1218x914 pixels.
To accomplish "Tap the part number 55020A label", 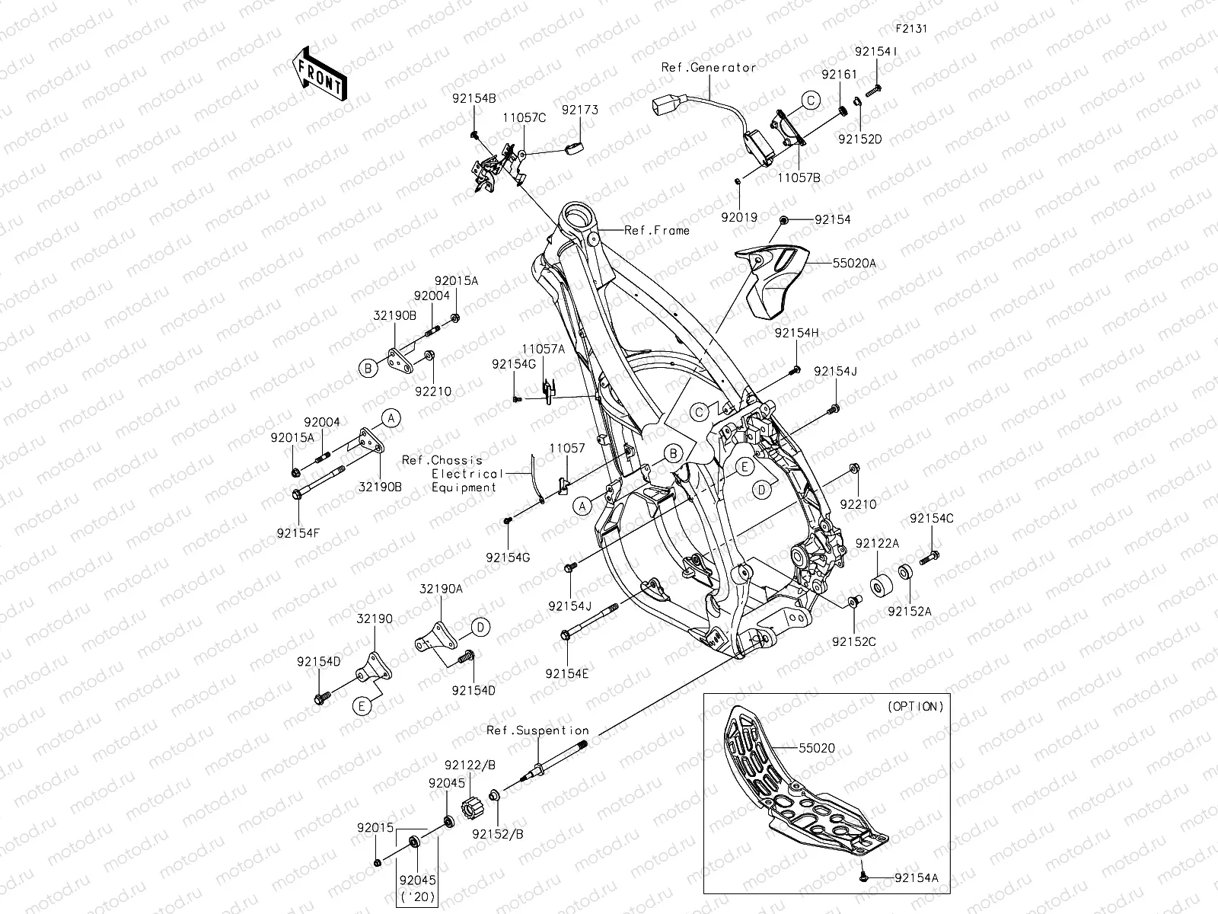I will tap(854, 263).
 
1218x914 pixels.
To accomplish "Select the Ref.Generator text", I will tap(709, 67).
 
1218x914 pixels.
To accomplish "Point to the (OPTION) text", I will tap(916, 706).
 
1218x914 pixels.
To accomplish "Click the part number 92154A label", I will tap(917, 878).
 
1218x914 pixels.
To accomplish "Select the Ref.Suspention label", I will tap(537, 730).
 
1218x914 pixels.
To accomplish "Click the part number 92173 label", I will tap(580, 110).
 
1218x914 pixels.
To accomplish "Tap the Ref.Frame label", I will tap(657, 230).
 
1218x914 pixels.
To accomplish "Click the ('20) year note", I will tap(419, 896).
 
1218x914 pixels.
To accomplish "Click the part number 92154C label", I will tap(932, 519).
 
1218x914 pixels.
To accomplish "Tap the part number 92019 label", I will tap(739, 217).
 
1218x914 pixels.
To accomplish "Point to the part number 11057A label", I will tap(544, 349).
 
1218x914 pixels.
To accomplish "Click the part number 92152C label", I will tap(853, 642).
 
